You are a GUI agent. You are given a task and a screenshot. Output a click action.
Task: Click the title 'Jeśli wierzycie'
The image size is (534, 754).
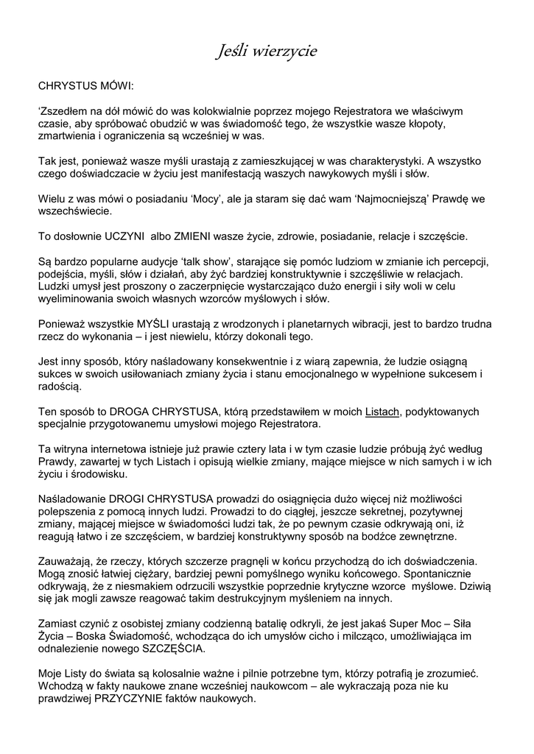point(267,51)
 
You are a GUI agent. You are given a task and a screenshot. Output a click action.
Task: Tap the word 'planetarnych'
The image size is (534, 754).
point(336,324)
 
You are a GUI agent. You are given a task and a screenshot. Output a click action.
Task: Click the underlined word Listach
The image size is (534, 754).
point(382,412)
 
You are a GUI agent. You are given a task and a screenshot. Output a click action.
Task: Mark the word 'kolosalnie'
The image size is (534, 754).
point(186,674)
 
